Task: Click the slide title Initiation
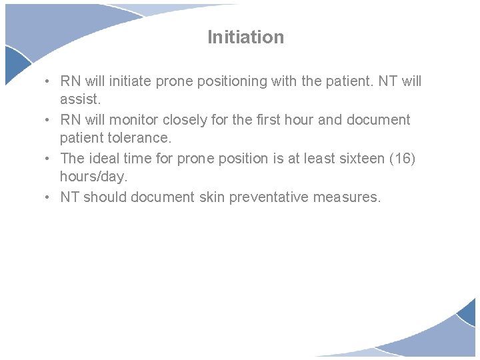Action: click(x=245, y=37)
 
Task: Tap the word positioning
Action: click(x=226, y=81)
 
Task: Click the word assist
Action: click(x=79, y=99)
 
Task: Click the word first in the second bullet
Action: click(x=268, y=120)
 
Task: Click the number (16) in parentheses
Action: click(x=405, y=159)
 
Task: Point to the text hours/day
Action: click(x=93, y=177)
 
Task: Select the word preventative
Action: click(x=276, y=197)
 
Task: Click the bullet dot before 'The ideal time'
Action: click(x=49, y=159)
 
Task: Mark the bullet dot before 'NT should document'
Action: click(x=49, y=197)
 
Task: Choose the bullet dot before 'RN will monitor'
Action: click(x=49, y=120)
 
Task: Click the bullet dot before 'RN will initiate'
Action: click(x=49, y=81)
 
